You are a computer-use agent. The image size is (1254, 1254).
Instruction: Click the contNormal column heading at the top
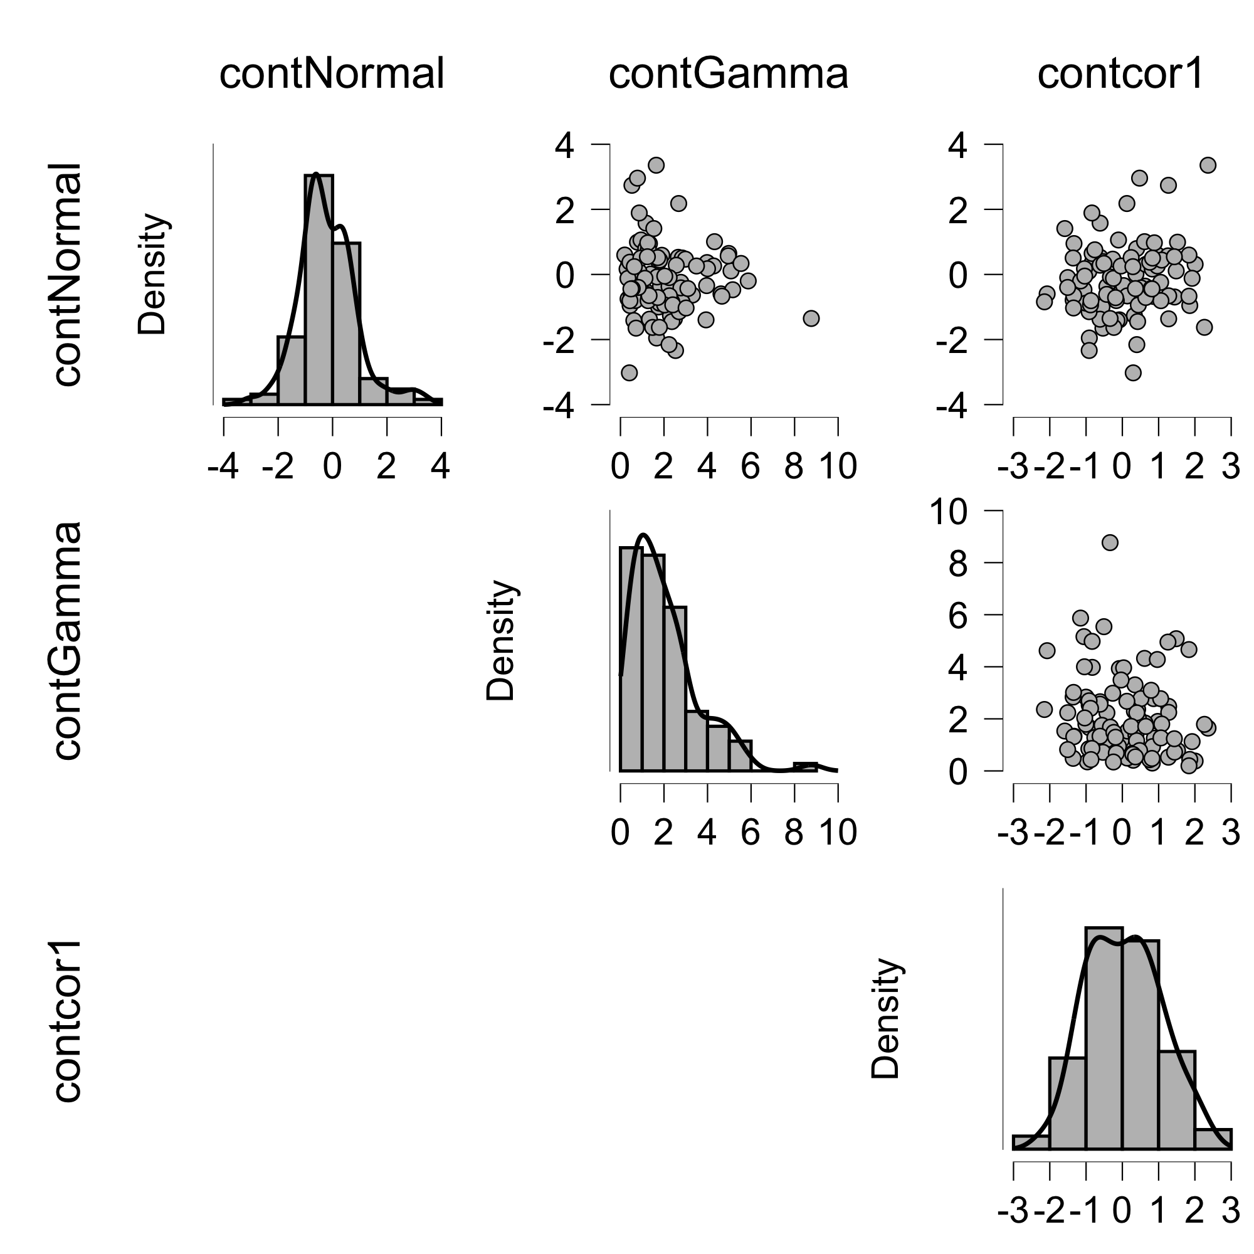coord(332,73)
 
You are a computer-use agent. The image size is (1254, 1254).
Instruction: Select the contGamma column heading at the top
coord(728,73)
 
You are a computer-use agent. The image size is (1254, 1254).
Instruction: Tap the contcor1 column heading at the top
coord(1120,73)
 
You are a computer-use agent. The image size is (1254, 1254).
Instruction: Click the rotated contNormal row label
coord(67,275)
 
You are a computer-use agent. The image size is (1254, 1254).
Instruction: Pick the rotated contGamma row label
coord(67,641)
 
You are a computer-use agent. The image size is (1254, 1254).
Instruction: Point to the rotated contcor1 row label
coord(67,1020)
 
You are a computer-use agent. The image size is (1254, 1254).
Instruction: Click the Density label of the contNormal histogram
coord(152,274)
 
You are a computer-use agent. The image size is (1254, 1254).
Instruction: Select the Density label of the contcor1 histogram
coord(885,1019)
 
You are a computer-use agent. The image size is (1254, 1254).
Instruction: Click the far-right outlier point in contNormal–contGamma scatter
coord(811,318)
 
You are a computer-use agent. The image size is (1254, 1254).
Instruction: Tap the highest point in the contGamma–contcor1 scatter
coord(1110,542)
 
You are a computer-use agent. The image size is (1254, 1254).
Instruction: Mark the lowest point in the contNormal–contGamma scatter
coord(629,372)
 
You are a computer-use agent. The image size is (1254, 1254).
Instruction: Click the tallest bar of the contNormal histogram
coord(319,289)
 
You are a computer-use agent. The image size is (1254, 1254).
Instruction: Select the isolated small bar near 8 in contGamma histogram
coord(806,767)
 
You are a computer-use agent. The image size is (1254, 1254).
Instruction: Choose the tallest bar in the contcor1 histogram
coord(1104,1038)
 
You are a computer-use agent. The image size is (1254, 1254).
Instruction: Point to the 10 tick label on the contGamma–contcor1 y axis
coord(949,512)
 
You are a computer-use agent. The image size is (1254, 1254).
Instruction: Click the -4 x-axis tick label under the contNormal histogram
coord(223,466)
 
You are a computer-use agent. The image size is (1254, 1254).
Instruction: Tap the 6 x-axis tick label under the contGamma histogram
coord(751,833)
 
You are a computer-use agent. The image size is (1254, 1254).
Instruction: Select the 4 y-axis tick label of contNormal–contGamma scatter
coord(565,145)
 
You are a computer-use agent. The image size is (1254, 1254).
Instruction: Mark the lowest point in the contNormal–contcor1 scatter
coord(1133,372)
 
